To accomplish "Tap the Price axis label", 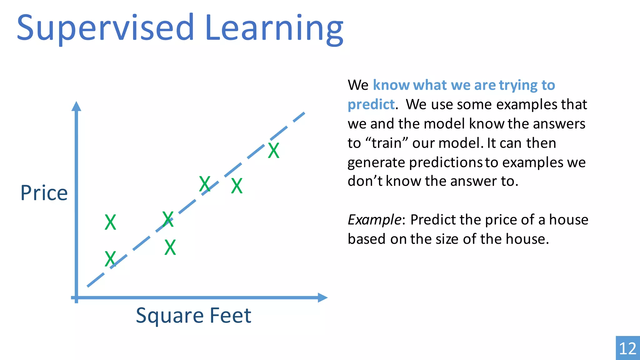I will (44, 193).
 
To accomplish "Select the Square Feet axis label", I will (193, 315).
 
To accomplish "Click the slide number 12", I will (627, 348).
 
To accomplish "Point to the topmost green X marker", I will (274, 151).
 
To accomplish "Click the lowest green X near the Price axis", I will (110, 259).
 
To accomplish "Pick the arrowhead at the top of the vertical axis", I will (76, 106).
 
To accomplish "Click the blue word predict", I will (371, 104).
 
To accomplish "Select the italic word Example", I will (374, 220).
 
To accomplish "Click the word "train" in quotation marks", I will (387, 143).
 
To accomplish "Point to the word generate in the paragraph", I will (376, 163).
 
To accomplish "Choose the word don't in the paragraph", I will (365, 181).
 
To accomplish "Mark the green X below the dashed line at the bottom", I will (170, 247).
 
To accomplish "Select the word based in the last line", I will (367, 239).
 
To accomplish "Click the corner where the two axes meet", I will (77, 297).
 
